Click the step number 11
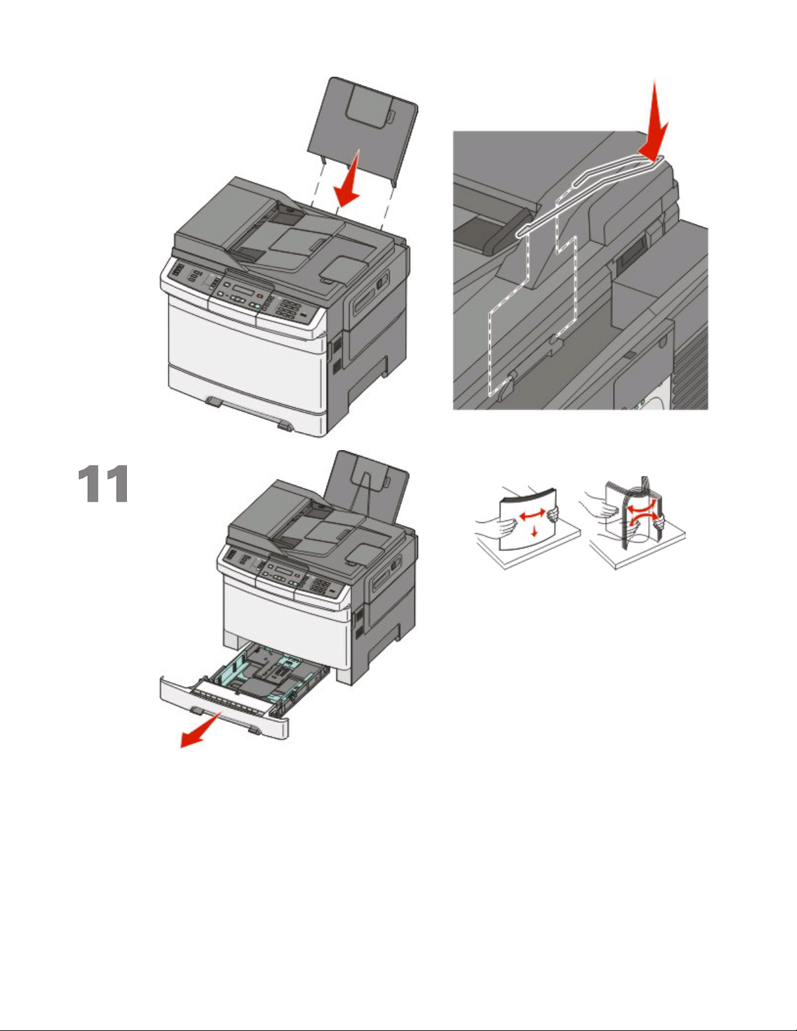click(x=103, y=483)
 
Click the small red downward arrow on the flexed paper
click(x=535, y=530)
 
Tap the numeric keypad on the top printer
click(x=288, y=308)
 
